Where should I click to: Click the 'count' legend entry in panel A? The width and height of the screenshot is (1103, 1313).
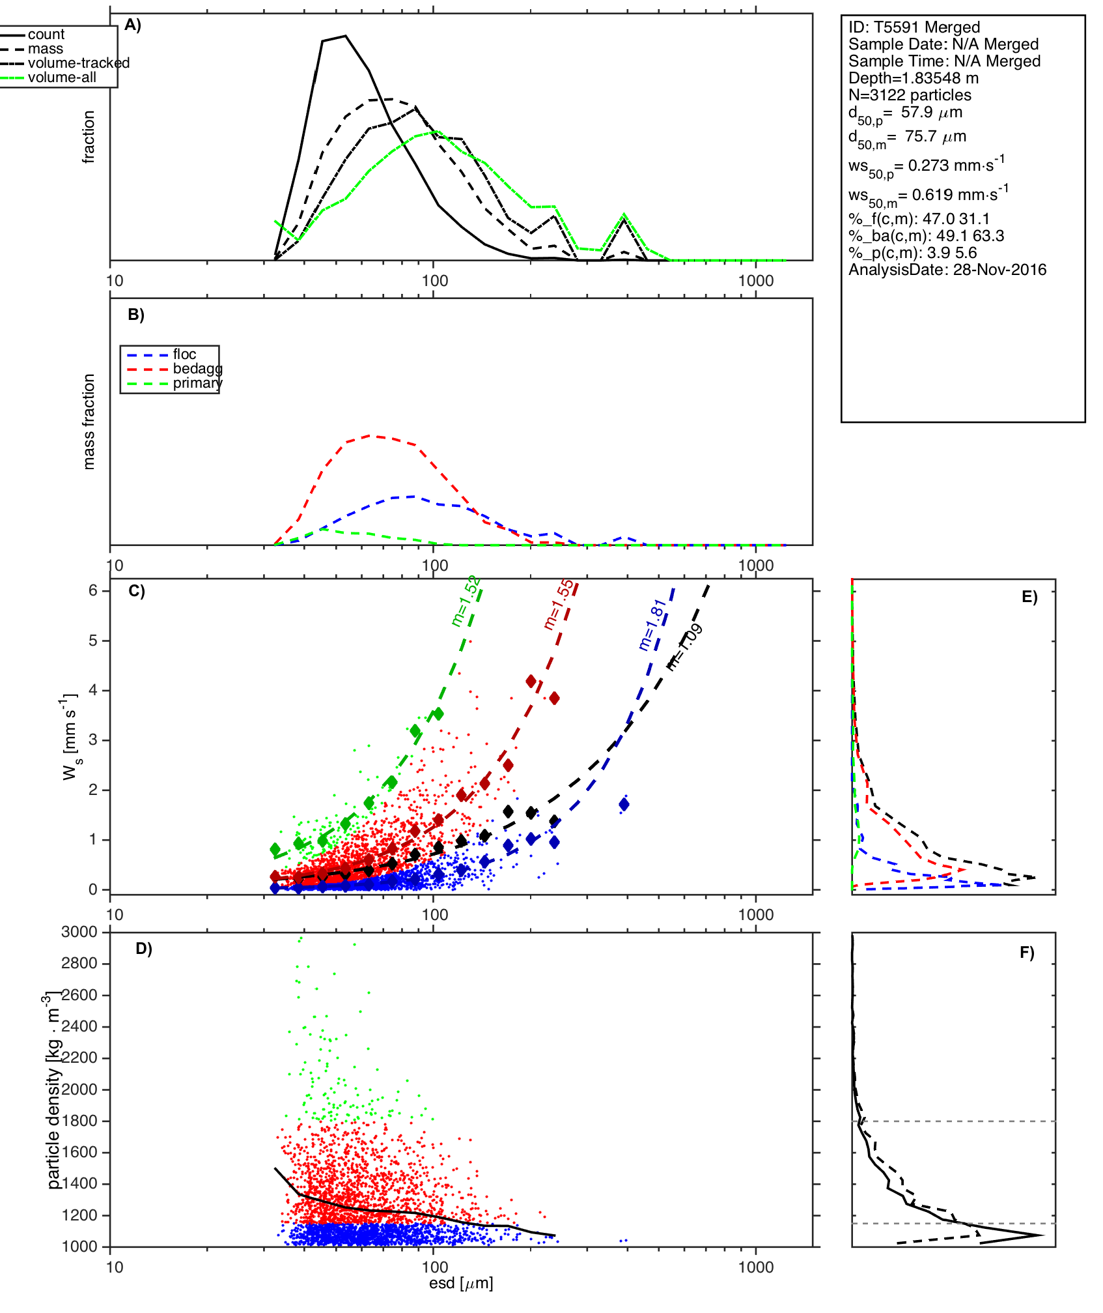tap(46, 35)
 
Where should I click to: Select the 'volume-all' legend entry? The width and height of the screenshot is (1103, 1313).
tap(62, 78)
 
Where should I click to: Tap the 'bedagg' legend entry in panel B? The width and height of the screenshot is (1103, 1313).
tap(197, 369)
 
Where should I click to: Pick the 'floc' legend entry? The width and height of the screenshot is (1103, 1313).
tap(184, 354)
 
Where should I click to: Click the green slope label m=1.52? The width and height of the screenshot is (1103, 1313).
tap(466, 601)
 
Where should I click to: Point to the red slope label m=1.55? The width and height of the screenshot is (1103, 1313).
tap(559, 605)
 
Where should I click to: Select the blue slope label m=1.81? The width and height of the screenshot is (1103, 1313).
tap(652, 625)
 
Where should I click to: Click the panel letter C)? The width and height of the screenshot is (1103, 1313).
tap(136, 591)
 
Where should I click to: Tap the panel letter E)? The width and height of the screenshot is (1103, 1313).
tap(1029, 597)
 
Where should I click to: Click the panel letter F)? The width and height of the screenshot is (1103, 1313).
tap(1027, 953)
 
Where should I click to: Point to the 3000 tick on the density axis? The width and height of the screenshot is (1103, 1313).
tap(79, 932)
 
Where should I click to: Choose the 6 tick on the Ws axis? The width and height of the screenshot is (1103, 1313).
tap(93, 590)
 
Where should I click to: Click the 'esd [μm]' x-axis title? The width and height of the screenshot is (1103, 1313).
tap(461, 1283)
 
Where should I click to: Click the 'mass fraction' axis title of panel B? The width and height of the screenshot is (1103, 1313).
tap(89, 422)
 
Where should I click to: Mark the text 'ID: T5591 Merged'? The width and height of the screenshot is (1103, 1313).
tap(914, 27)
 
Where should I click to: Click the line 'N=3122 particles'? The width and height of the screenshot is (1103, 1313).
tap(910, 95)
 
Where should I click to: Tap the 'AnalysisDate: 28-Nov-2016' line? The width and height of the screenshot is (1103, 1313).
tap(947, 270)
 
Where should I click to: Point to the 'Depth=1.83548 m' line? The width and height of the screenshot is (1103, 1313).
tap(914, 78)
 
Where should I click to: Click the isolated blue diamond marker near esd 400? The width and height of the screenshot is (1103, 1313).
tap(624, 805)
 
